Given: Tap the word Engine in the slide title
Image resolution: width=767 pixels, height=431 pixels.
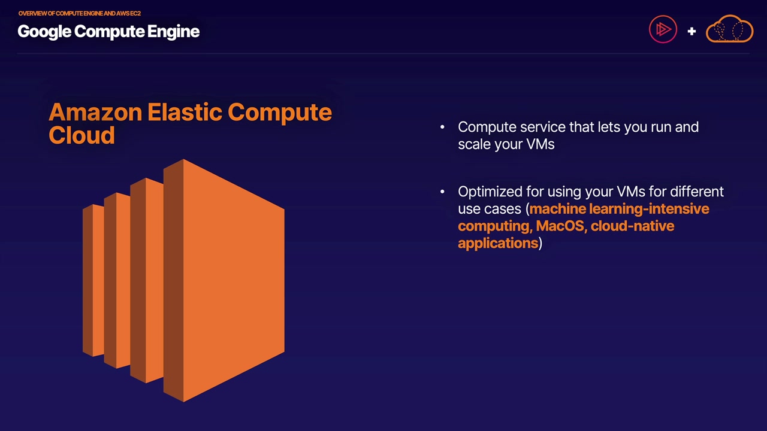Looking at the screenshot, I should click(x=173, y=32).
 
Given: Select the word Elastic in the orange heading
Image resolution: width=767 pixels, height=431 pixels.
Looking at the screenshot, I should click(x=185, y=113).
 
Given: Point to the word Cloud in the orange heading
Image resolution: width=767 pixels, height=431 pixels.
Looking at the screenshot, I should click(x=81, y=136).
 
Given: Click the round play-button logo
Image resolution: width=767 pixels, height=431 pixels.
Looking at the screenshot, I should click(x=663, y=30).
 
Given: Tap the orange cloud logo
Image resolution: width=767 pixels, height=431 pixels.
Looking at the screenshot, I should click(x=729, y=30).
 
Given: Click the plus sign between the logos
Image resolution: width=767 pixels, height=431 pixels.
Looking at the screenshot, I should click(x=691, y=31).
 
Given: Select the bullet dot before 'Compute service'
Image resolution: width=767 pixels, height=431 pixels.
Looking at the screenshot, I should click(x=442, y=127).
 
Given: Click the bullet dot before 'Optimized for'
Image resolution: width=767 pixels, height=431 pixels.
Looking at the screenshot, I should click(x=442, y=192).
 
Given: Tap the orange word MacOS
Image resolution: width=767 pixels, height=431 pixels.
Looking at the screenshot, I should click(x=560, y=226).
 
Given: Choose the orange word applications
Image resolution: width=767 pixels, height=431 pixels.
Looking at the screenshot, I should click(x=497, y=243).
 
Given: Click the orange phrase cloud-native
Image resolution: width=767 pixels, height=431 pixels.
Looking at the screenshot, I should click(x=632, y=226).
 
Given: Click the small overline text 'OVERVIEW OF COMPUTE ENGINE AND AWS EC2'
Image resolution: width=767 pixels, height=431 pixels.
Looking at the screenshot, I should click(x=79, y=13).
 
